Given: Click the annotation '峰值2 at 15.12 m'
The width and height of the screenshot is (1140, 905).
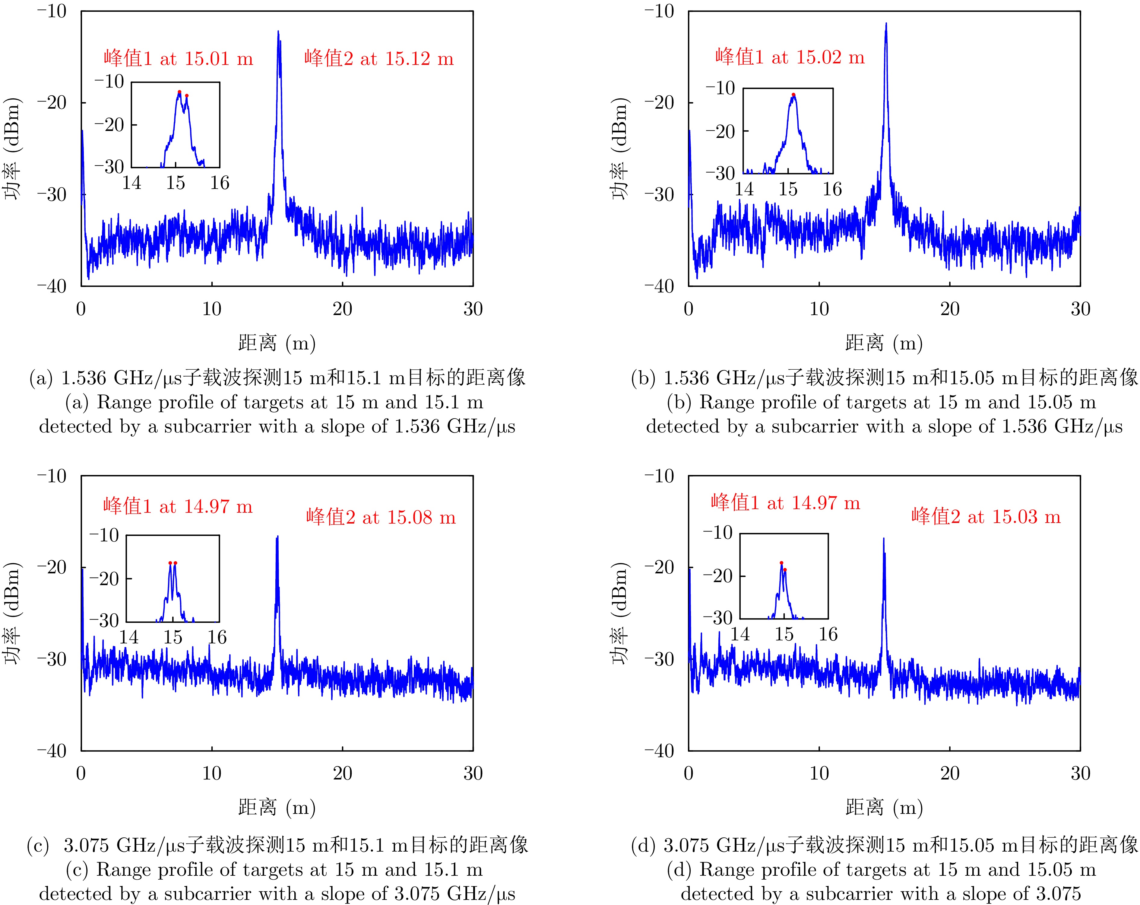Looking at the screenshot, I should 378,58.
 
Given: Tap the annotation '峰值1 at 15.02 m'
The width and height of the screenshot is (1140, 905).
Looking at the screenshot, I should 790,57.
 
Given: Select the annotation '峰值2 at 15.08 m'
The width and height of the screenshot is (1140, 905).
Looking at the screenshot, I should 381,517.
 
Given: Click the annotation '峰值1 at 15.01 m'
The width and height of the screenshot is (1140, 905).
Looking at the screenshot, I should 178,58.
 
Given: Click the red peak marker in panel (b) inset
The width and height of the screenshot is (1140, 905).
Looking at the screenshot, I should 793,95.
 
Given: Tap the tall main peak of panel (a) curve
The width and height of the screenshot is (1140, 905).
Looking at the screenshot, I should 278,32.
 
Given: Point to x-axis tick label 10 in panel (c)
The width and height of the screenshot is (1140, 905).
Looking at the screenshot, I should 211,773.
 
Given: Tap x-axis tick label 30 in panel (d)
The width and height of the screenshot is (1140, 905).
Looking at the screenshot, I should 1080,773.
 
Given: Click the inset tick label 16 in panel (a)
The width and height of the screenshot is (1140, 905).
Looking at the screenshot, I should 220,183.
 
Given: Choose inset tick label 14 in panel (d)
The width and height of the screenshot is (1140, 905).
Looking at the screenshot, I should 740,634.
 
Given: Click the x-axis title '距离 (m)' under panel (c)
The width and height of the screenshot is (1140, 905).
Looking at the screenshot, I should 277,807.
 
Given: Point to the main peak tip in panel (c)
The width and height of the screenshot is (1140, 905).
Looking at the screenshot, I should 277,536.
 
